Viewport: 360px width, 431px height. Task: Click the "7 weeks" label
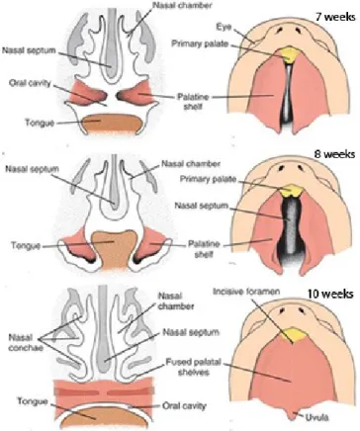click(335, 17)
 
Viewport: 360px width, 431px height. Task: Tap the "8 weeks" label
click(334, 154)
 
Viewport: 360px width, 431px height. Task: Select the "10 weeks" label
click(330, 294)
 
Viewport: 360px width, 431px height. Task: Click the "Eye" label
click(224, 27)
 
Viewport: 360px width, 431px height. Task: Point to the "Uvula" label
click(316, 417)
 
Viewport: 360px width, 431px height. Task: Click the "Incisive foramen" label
click(246, 292)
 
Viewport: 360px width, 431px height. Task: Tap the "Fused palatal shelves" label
click(193, 367)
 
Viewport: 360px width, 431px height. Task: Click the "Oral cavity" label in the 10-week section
click(184, 406)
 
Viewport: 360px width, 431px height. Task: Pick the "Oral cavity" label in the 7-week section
click(30, 83)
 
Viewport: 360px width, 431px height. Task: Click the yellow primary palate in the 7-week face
click(289, 54)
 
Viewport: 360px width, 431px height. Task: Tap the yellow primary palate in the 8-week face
click(290, 190)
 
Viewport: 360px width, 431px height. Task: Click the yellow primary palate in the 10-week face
click(294, 334)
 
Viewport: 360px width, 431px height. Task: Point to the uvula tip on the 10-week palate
click(292, 418)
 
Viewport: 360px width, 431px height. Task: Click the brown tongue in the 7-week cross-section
click(112, 124)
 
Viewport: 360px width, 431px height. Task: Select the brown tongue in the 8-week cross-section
click(114, 249)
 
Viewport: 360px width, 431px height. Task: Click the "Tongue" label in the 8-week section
click(26, 246)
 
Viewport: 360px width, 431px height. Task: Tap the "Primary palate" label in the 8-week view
click(208, 179)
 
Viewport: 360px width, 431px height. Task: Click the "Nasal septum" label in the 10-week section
click(191, 332)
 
